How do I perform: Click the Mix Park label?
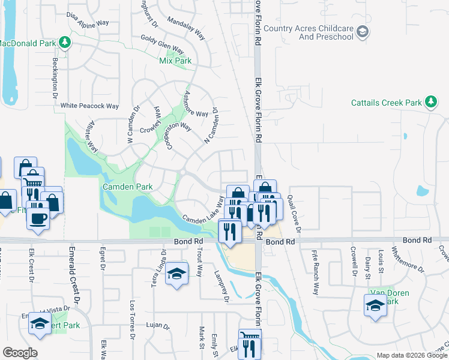click(175, 61)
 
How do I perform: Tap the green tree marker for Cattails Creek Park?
click(430, 103)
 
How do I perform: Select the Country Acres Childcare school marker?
click(362, 32)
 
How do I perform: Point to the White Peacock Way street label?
click(90, 106)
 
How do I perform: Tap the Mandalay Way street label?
click(186, 28)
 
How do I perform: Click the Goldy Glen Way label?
click(162, 44)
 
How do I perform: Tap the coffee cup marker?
click(38, 218)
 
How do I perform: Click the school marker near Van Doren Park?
click(375, 305)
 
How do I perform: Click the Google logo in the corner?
click(20, 353)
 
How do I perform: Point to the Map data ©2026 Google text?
click(412, 355)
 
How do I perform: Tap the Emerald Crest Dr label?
click(74, 276)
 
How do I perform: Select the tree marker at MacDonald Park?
click(65, 42)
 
